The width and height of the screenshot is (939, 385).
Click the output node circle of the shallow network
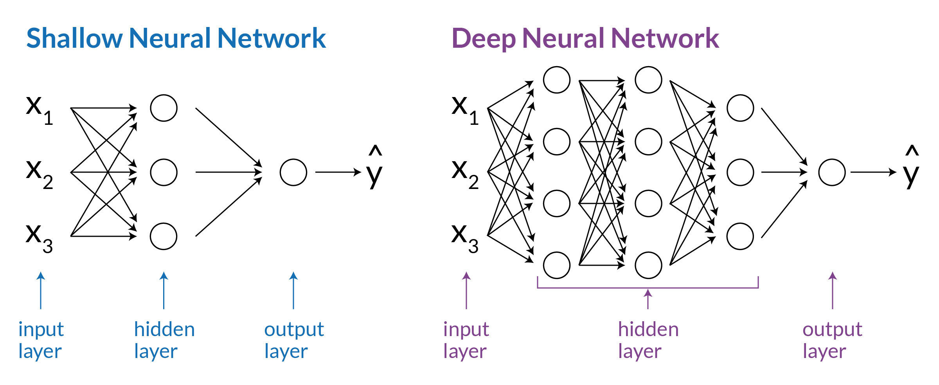point(293,172)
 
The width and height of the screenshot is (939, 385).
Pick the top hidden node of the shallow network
point(164,108)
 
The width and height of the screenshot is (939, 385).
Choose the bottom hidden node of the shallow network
point(164,236)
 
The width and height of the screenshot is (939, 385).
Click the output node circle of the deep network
point(832,172)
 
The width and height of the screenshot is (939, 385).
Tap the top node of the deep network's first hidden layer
point(556,80)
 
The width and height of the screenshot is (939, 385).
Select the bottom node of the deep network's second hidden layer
point(648,265)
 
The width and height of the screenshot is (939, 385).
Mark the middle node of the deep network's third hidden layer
point(740,172)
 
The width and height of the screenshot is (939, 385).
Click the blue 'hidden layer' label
point(164,340)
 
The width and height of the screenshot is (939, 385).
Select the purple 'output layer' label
point(832,340)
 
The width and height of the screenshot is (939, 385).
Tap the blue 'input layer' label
point(41,340)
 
